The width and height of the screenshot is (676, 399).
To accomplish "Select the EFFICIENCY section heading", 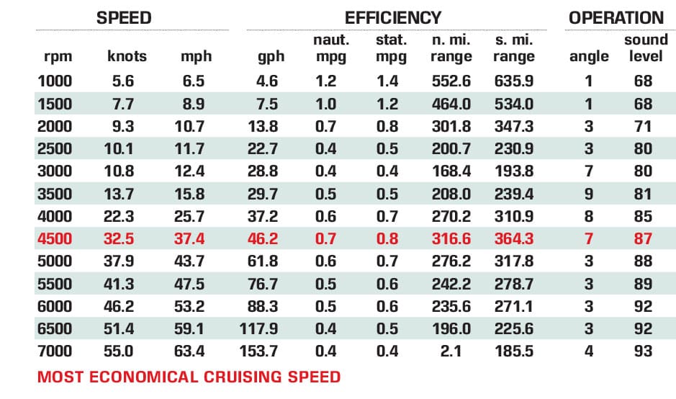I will [x=392, y=18].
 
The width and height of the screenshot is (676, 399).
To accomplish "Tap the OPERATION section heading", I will [x=616, y=18].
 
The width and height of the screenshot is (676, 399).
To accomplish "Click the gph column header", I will [x=271, y=56].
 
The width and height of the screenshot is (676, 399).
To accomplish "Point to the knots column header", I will [x=127, y=56].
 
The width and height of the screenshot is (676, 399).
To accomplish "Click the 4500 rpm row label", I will [x=55, y=238].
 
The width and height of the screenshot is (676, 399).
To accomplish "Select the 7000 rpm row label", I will [x=55, y=351].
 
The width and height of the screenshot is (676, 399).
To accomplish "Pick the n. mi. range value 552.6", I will [x=451, y=81].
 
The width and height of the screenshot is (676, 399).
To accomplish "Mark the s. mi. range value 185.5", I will [x=515, y=351].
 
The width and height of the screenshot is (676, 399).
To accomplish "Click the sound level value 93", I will [x=643, y=351].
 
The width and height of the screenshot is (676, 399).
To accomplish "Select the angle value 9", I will [x=588, y=194].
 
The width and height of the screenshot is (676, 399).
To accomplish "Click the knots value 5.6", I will [x=124, y=81].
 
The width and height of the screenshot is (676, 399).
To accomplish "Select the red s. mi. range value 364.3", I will [x=515, y=238].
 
